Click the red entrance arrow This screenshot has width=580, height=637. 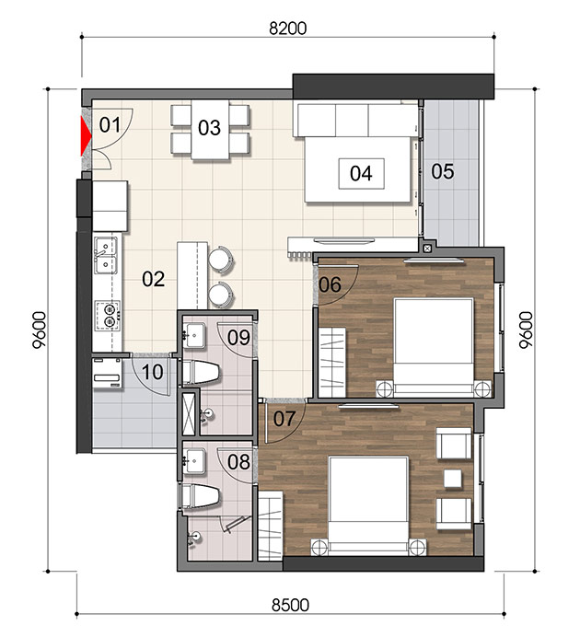(x=86, y=136)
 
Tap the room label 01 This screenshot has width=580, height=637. (x=110, y=124)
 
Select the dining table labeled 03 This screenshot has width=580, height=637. (x=210, y=130)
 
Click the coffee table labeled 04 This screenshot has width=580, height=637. (x=362, y=173)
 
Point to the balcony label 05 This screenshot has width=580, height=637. (x=443, y=171)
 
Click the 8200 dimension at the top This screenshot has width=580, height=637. (x=288, y=29)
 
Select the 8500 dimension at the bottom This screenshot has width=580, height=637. (x=290, y=605)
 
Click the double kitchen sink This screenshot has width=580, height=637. (x=106, y=255)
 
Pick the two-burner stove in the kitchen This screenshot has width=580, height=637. (x=108, y=315)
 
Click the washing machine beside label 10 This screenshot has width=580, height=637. (x=108, y=373)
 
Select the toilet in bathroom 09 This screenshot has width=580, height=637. (x=201, y=372)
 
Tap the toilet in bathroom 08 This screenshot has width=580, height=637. (x=201, y=496)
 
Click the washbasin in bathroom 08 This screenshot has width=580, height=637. (x=195, y=461)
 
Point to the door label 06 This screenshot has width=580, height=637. (x=330, y=284)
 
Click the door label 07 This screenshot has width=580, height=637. (x=284, y=419)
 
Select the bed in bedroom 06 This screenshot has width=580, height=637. (x=434, y=347)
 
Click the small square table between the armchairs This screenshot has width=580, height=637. (x=453, y=478)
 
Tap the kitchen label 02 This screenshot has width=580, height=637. (x=154, y=279)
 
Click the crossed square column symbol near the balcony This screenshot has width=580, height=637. (x=427, y=249)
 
